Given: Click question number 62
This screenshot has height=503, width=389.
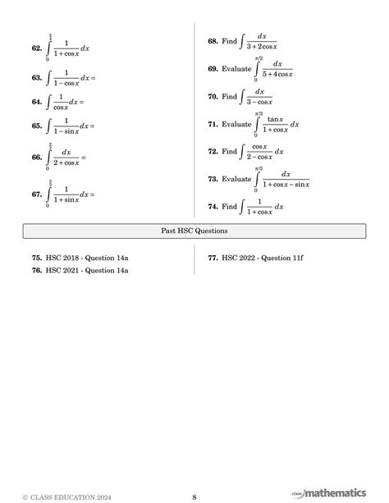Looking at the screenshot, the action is point(36,49).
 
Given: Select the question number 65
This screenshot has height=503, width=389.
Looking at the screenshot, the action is point(36,126).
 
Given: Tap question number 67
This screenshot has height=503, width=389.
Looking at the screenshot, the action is point(36,194).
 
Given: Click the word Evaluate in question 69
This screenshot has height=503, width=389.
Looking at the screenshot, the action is point(236,69).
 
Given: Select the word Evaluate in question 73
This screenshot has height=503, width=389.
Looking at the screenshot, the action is point(236,179).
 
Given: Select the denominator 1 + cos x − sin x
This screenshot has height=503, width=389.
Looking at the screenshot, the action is point(286,185).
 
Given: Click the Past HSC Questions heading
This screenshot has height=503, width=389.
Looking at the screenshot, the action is point(194,231).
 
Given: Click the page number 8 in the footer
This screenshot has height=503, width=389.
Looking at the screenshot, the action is point(194,496).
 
